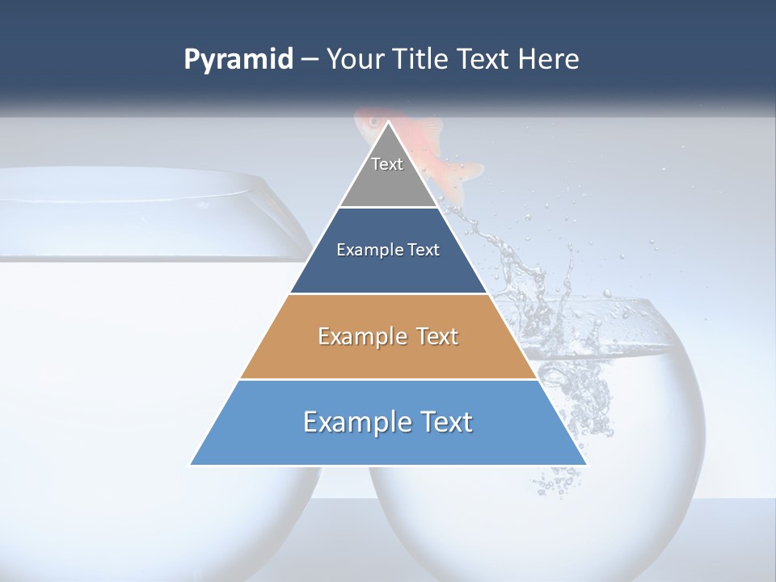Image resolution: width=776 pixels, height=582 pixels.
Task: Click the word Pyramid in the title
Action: [238, 60]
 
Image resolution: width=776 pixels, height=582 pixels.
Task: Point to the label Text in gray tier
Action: [387, 164]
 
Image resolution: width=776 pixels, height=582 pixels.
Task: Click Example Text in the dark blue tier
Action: [388, 250]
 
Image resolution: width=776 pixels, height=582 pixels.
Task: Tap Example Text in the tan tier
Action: [388, 336]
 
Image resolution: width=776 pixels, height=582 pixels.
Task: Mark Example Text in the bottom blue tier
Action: [388, 422]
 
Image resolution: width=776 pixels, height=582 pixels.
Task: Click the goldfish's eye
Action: [373, 121]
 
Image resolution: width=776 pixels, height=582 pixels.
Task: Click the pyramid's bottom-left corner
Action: [192, 465]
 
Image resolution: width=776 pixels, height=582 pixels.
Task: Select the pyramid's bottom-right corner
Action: [587, 465]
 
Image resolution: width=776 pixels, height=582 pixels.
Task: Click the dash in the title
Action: [309, 60]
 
